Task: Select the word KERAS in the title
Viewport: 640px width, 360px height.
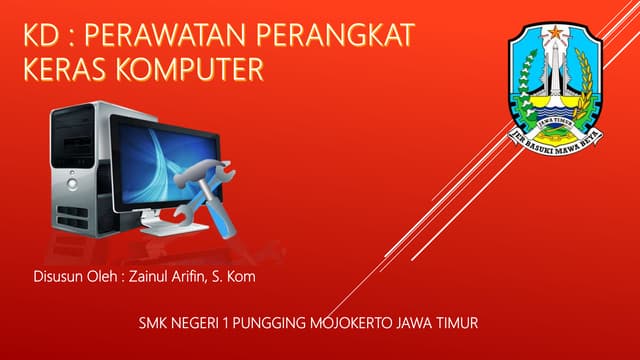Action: point(66,70)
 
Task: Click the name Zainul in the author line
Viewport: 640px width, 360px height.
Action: point(149,274)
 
